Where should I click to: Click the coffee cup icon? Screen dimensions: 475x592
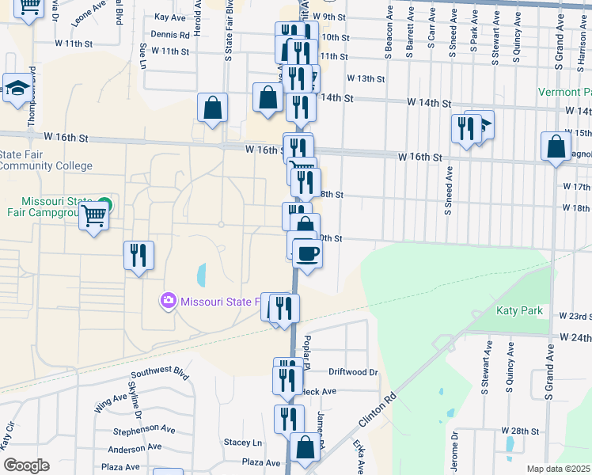(x=307, y=254)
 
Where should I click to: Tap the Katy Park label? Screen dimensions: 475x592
(x=519, y=310)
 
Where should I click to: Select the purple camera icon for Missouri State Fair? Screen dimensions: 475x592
(x=168, y=301)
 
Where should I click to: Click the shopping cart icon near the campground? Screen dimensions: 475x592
(x=93, y=215)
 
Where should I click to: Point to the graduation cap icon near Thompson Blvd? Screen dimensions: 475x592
(x=17, y=89)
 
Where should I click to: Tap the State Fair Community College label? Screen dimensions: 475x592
(x=46, y=160)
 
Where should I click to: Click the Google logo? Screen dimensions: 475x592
(x=26, y=465)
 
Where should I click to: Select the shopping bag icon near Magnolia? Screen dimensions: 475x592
(x=556, y=146)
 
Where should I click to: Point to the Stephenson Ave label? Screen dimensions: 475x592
(x=143, y=430)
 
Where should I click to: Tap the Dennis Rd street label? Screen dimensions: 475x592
(x=170, y=35)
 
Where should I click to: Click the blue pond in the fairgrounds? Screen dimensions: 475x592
(x=200, y=275)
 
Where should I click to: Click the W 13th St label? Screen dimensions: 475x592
(x=365, y=79)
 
